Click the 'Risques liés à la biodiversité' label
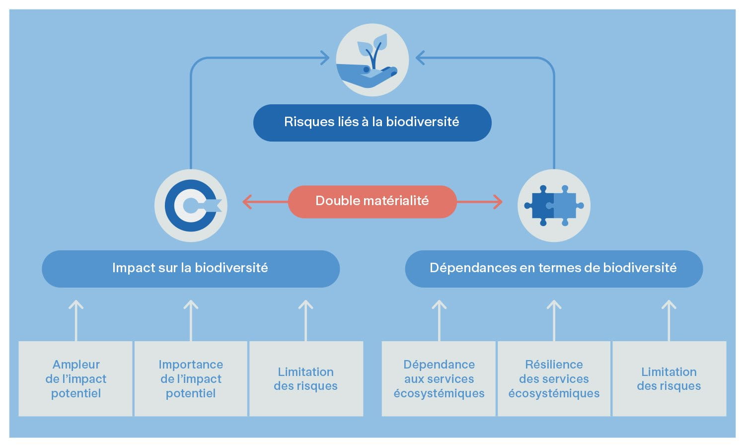372,122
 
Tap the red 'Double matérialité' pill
372,201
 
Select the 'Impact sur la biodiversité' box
190,268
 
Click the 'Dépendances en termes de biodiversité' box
553,268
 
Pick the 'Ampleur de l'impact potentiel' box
75,378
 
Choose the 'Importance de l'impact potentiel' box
191,378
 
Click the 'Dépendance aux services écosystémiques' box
439,378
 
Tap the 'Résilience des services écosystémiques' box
554,378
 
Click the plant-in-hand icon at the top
372,60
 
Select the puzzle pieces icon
554,205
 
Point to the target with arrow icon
191,205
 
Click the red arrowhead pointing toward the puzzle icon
497,202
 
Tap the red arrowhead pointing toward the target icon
247,202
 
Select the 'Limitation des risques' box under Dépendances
669,378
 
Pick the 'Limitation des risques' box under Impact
305,378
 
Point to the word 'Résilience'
554,365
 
